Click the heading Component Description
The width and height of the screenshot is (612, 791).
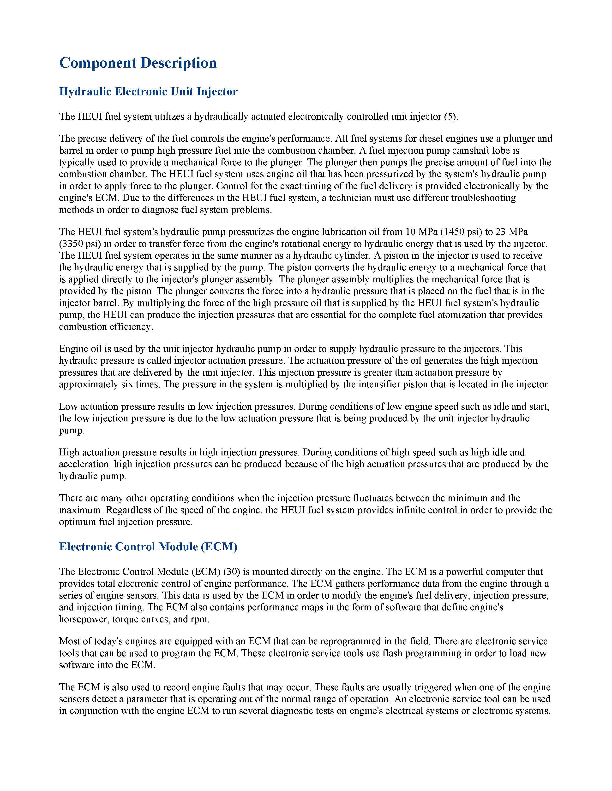pyautogui.click(x=138, y=63)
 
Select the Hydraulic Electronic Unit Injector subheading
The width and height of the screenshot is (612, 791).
pyautogui.click(x=148, y=92)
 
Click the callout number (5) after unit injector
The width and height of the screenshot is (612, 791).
pyautogui.click(x=451, y=117)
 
